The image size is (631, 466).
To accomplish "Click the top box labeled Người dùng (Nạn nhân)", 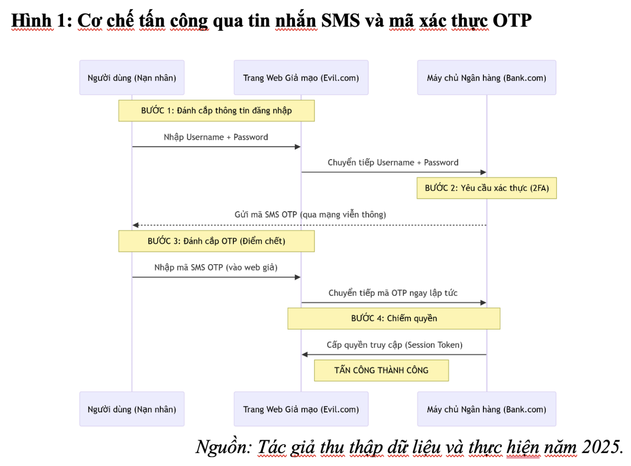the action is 132,77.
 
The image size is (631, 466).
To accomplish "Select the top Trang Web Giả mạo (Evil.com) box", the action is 301,77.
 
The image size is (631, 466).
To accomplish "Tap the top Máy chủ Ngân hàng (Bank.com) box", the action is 486,77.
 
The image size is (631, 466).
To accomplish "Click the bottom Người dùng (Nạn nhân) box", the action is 132,409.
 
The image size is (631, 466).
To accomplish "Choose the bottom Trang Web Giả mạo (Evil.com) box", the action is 301,409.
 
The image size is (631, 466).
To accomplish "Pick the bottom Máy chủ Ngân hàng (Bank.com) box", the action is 486,409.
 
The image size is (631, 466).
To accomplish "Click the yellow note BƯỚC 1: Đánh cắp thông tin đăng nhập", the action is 217,111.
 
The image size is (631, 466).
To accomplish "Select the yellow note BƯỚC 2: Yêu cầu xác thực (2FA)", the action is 486,188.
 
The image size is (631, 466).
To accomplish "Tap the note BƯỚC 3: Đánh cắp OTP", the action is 217,241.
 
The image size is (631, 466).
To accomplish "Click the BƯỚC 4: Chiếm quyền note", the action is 394,318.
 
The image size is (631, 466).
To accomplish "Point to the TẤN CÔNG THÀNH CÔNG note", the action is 381,371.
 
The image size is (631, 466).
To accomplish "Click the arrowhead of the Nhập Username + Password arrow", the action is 298,147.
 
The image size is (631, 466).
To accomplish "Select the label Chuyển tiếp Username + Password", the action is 393,162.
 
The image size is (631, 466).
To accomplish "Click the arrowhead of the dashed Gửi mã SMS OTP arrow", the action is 136,225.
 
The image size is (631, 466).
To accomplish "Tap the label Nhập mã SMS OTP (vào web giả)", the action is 216,267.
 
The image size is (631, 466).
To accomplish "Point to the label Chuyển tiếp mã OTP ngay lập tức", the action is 393,293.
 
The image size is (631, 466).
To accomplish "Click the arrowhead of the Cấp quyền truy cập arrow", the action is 305,355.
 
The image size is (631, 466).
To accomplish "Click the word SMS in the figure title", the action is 340,21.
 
